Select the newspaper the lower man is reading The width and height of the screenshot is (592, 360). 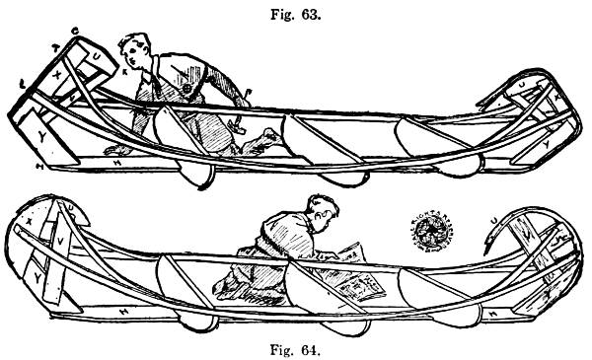coord(356,281)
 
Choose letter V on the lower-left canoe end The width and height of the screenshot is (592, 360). coord(59,240)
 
